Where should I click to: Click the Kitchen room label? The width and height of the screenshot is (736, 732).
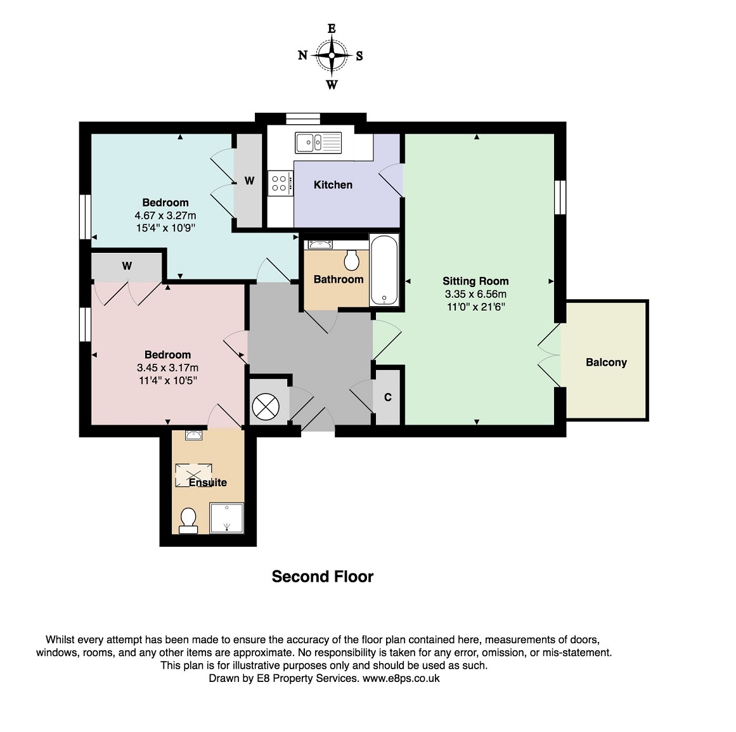(333, 185)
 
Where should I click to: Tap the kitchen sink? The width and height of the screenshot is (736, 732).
(318, 143)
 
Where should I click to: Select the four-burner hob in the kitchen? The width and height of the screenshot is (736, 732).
(280, 183)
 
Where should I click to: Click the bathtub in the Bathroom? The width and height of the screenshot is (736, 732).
(384, 270)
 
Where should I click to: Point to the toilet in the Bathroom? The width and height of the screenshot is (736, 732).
(352, 259)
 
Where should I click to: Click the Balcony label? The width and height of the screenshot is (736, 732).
(606, 363)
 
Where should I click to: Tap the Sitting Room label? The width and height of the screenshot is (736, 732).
(475, 281)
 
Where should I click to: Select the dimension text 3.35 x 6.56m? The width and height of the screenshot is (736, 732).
(475, 294)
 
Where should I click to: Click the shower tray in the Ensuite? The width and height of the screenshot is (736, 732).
(227, 518)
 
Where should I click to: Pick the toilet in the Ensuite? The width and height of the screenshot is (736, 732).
(188, 521)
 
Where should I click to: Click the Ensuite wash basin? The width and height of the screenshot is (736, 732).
(194, 435)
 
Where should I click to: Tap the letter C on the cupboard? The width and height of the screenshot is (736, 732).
(388, 397)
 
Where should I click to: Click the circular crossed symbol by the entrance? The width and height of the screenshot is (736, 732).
(266, 406)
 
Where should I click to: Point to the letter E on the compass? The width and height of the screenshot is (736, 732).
(332, 29)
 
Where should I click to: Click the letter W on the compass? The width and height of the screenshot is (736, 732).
(332, 85)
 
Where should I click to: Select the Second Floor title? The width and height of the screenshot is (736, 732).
(323, 577)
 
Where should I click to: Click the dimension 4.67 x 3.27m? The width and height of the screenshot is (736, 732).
(165, 216)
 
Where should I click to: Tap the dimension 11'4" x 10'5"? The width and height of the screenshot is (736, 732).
(167, 380)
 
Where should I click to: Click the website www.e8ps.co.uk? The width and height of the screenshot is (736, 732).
(401, 678)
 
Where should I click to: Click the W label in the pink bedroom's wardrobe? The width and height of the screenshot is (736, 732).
(127, 266)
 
